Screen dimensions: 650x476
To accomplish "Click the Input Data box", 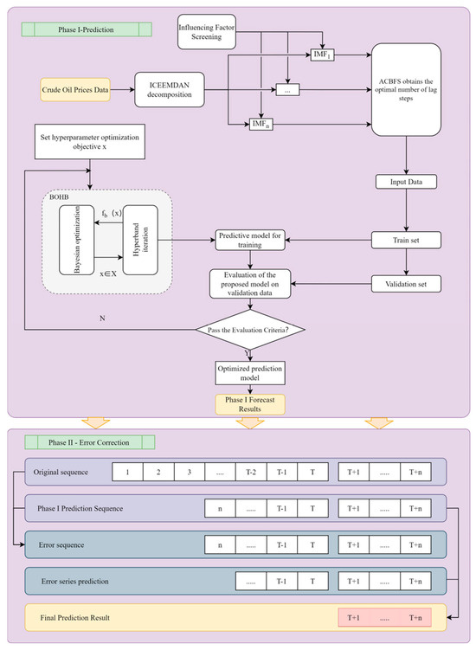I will point(405,183).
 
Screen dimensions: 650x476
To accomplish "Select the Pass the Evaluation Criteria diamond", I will point(249,330).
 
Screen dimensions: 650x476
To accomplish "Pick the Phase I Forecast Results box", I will point(249,404).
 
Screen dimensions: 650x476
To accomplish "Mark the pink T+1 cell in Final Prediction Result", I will point(353,618).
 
